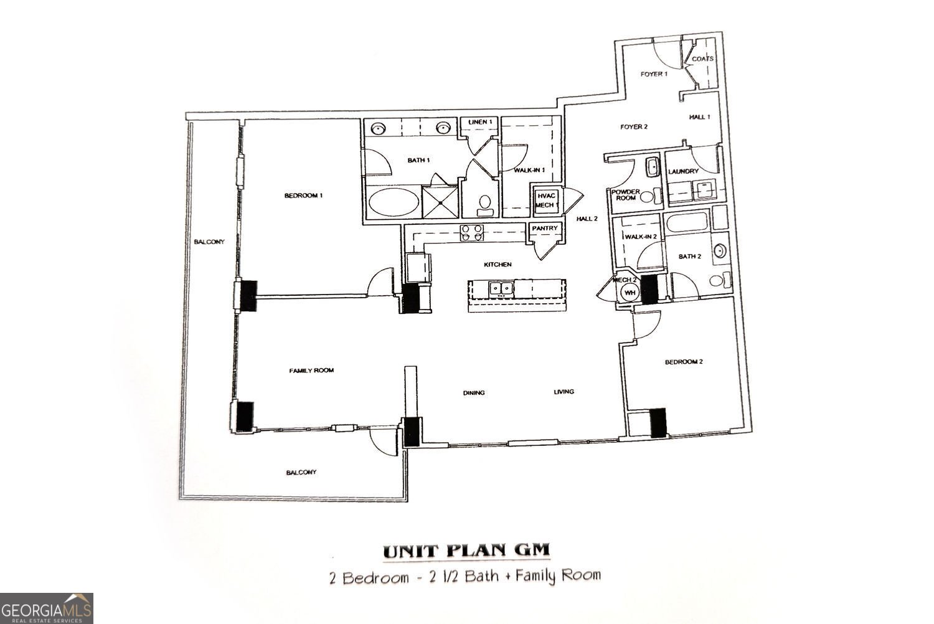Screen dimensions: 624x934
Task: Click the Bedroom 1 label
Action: point(303,196)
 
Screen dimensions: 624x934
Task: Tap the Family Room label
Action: point(311,371)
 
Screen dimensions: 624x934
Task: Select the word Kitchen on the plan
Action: point(498,265)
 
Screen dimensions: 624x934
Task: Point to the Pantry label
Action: point(544,229)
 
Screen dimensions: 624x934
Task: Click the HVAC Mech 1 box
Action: point(547,200)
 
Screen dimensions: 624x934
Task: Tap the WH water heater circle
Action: point(630,292)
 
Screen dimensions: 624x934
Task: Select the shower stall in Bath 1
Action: point(440,201)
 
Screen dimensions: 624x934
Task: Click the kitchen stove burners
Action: point(471,232)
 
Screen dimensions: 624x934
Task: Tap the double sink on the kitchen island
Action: point(501,288)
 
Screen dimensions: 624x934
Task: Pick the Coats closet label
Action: point(702,59)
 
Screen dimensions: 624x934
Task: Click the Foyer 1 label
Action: point(654,74)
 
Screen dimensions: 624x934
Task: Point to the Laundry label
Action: point(683,171)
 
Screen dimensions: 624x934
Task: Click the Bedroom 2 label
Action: point(684,362)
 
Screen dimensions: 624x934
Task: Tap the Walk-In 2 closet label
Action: point(641,237)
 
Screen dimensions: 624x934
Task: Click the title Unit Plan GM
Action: point(466,551)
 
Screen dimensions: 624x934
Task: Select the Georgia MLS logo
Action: point(47,608)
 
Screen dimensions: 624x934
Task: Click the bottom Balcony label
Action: point(301,472)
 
